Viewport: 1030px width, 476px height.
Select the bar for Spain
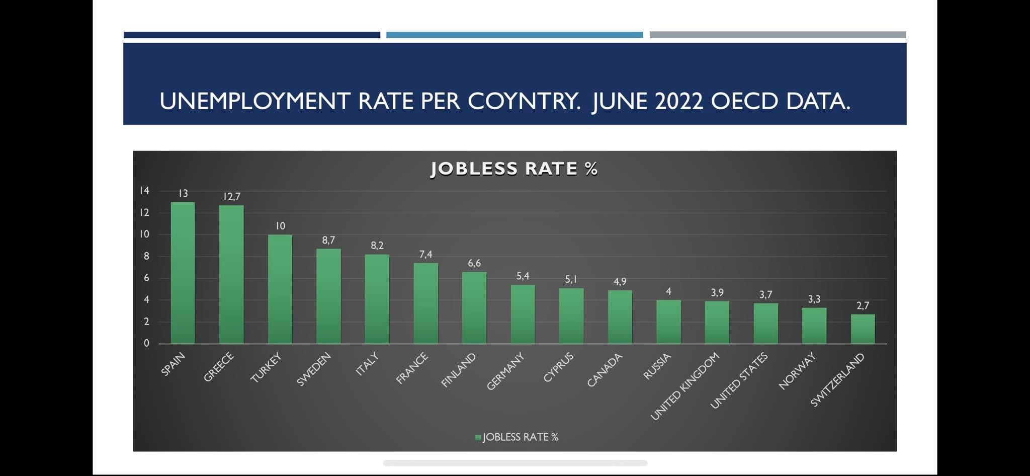183,273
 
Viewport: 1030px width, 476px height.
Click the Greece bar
231,274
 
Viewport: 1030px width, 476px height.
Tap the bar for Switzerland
863,329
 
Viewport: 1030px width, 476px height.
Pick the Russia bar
668,322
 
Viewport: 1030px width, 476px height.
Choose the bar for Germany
523,314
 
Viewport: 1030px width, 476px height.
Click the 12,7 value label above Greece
231,197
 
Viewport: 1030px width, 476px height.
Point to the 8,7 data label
328,241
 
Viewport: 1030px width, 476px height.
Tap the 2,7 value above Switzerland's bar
863,306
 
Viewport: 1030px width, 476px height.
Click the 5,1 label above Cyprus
571,279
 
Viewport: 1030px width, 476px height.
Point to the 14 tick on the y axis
144,190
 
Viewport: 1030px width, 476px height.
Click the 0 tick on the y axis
146,343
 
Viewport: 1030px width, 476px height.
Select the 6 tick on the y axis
146,278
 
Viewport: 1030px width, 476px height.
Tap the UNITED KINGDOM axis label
685,386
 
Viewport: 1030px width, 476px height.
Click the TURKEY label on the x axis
266,368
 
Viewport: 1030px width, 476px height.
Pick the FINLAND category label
458,370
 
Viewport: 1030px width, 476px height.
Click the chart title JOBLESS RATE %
514,169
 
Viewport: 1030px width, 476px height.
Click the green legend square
478,437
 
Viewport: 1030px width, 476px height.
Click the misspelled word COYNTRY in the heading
524,101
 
